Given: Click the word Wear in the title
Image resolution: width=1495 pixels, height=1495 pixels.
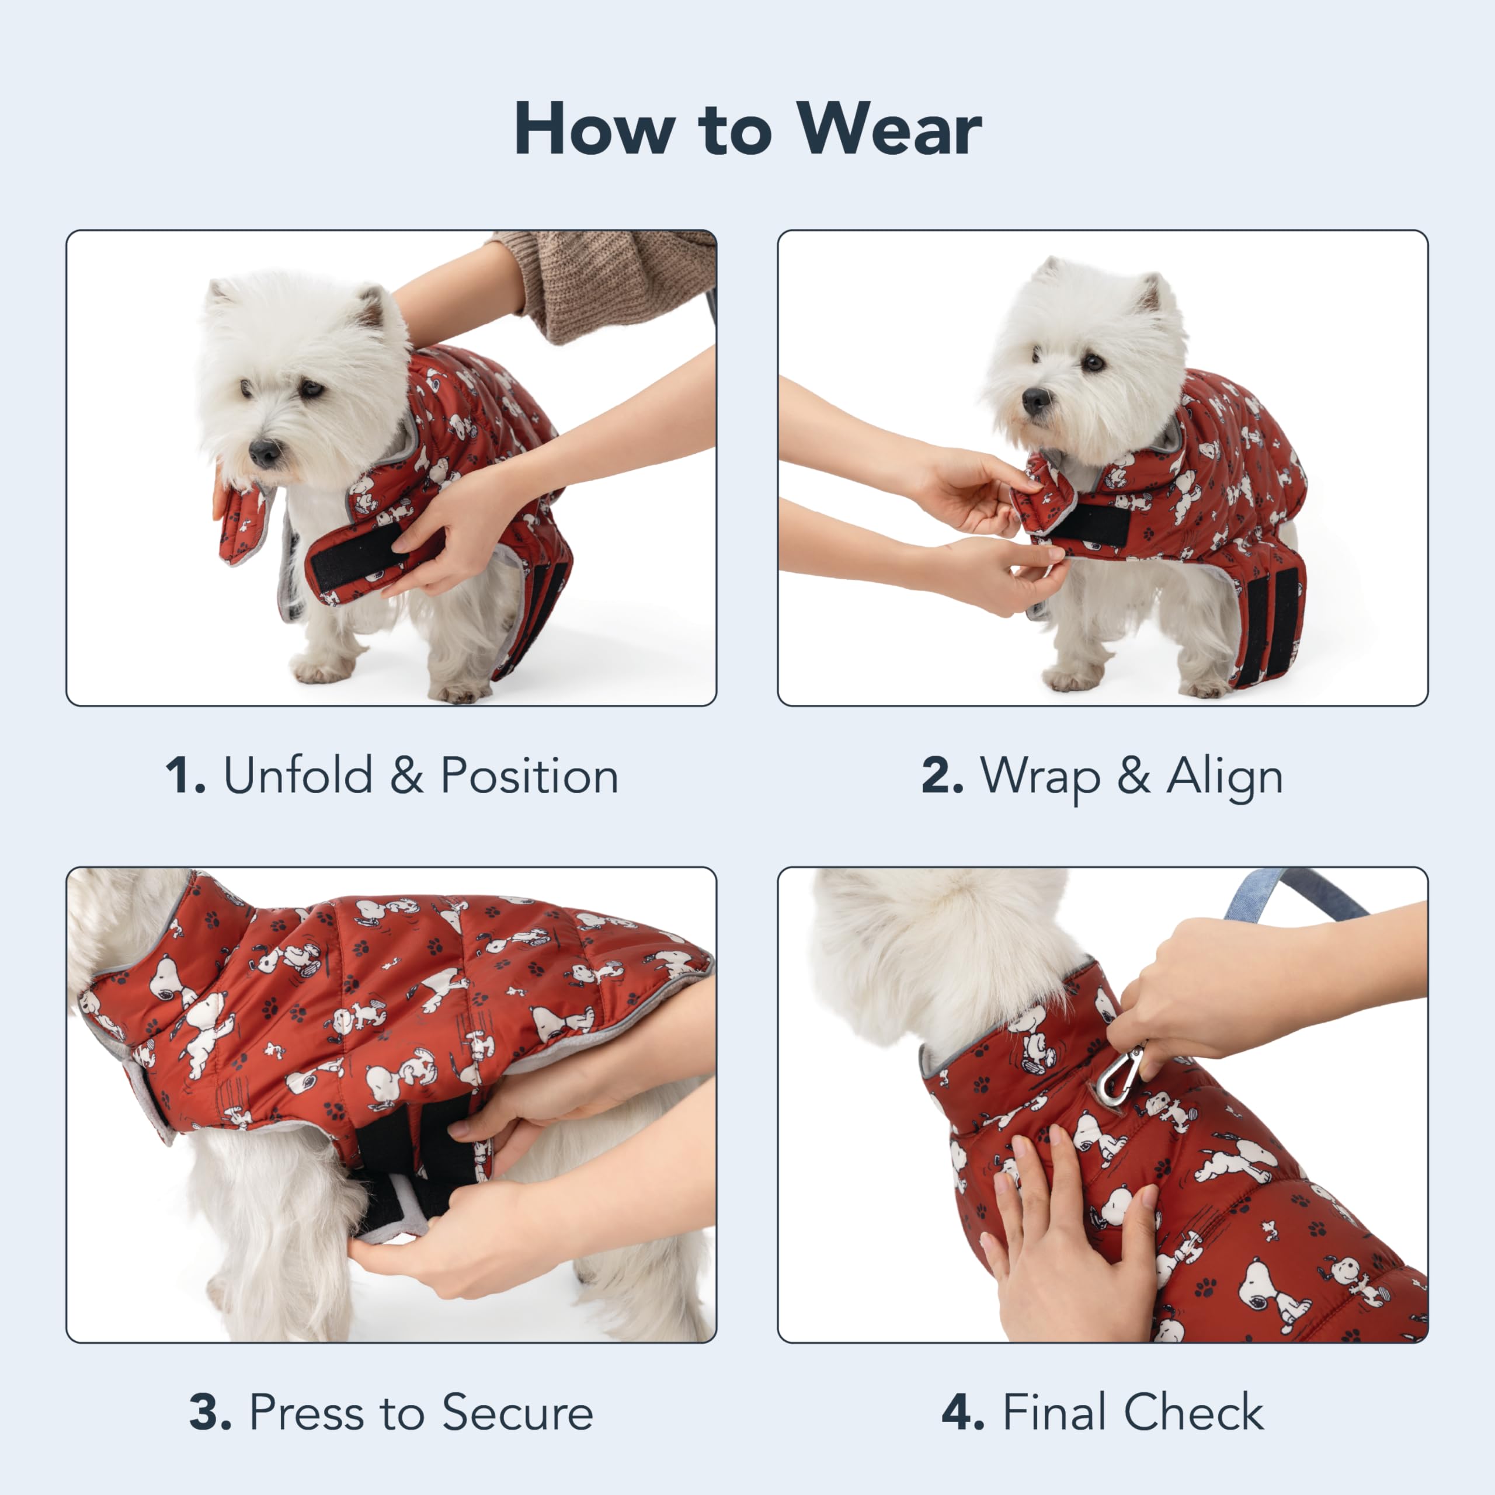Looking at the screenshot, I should click(890, 129).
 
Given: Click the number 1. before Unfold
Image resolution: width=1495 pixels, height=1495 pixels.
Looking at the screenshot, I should click(186, 776).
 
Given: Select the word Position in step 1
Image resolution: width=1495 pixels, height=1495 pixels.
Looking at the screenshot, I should click(529, 776).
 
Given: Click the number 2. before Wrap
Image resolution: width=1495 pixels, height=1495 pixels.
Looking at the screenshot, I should click(943, 776).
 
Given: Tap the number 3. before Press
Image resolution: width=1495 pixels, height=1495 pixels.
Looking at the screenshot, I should click(210, 1412).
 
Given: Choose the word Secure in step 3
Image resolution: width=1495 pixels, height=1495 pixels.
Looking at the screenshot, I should click(517, 1412).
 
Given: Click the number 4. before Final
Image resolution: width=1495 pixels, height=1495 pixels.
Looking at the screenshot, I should click(962, 1412).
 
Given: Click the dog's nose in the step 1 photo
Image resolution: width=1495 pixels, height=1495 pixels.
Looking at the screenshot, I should click(265, 452).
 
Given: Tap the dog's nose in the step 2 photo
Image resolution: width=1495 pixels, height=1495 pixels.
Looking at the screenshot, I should click(1035, 399).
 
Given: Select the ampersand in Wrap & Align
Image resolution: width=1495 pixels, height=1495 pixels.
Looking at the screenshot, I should click(1133, 776).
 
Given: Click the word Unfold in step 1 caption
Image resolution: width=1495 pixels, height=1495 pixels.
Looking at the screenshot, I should click(298, 776).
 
